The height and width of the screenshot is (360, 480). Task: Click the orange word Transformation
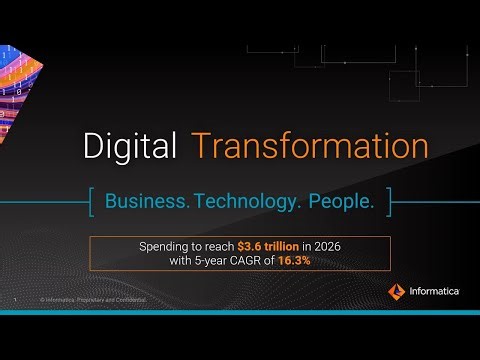click(x=311, y=146)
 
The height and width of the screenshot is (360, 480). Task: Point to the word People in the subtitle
click(x=340, y=202)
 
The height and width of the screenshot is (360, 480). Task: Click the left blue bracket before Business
click(x=93, y=202)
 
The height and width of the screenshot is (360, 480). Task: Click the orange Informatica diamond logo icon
click(x=396, y=291)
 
